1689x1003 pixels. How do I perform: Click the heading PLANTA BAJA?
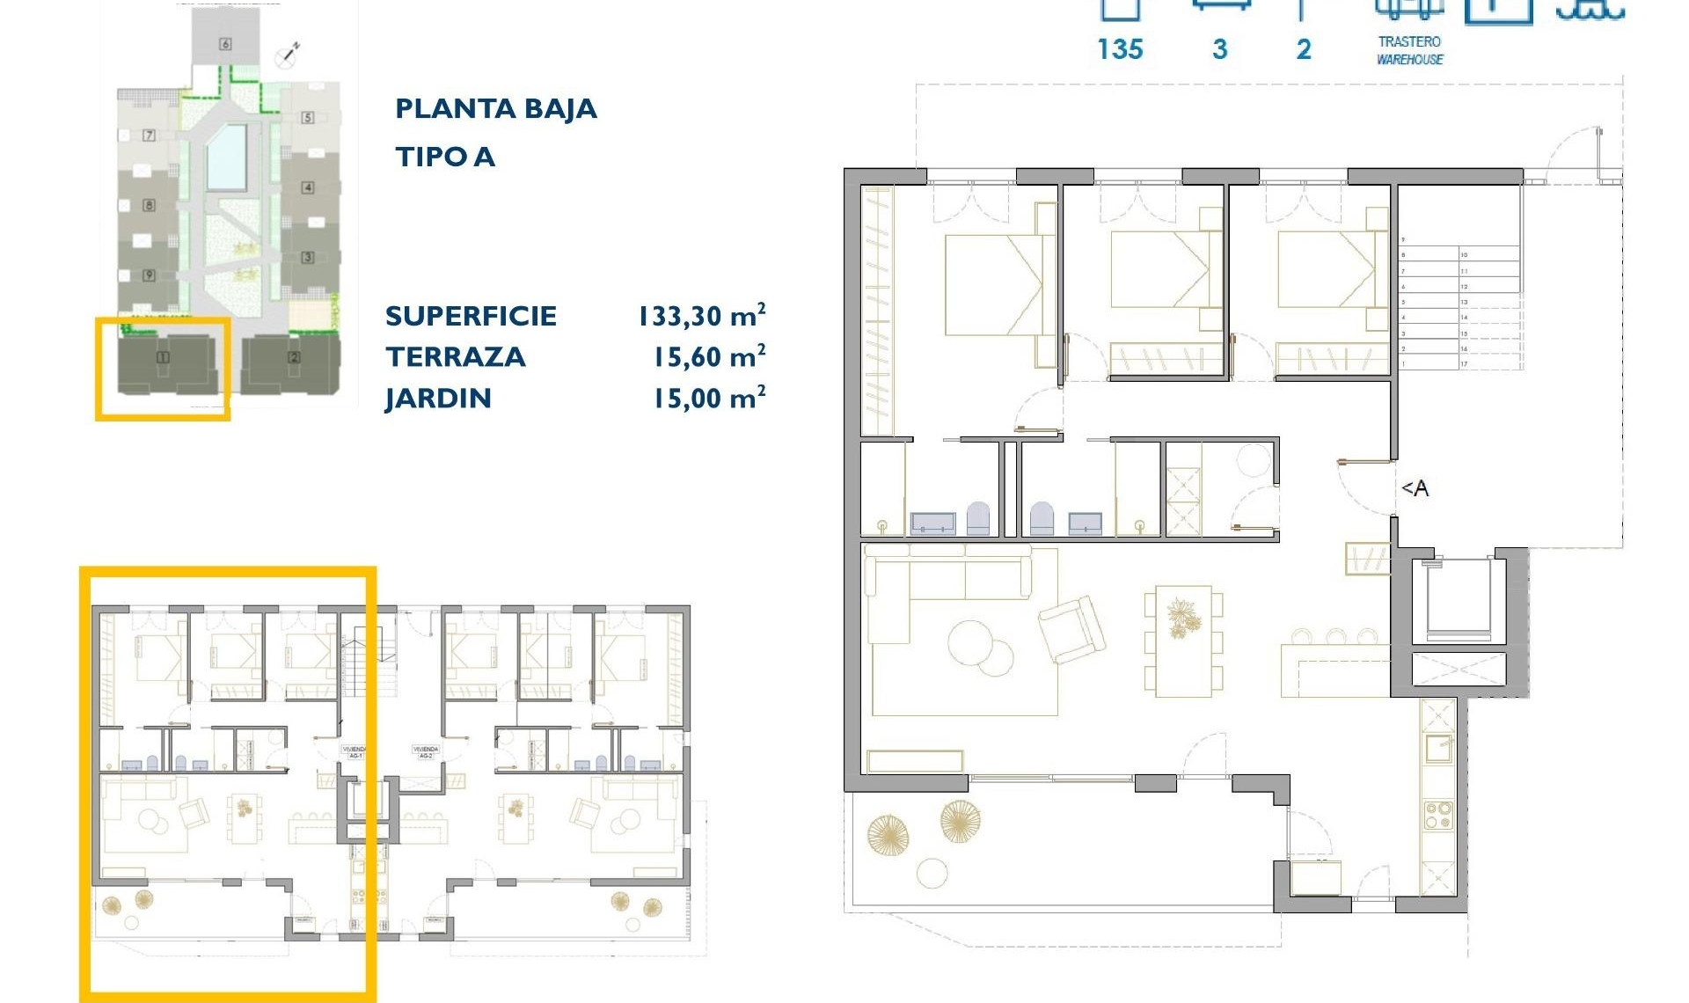[495, 109]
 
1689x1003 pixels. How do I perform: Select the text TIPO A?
[444, 157]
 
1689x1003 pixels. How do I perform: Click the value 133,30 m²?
[701, 315]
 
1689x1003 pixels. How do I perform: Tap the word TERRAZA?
[455, 357]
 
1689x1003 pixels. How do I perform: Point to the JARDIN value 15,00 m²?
[708, 398]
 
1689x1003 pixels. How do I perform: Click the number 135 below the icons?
[1120, 49]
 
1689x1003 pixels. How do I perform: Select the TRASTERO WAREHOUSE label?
[1409, 50]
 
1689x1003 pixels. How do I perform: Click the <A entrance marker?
[1415, 488]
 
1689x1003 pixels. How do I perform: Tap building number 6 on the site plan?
[225, 44]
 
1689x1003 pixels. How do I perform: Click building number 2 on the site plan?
[294, 357]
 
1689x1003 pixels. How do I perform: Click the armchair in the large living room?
[1071, 628]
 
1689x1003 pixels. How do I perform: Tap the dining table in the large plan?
[1183, 641]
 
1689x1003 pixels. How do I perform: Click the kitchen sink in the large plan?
[1438, 748]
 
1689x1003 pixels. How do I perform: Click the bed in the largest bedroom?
[992, 284]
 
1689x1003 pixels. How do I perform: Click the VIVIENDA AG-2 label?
[425, 752]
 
